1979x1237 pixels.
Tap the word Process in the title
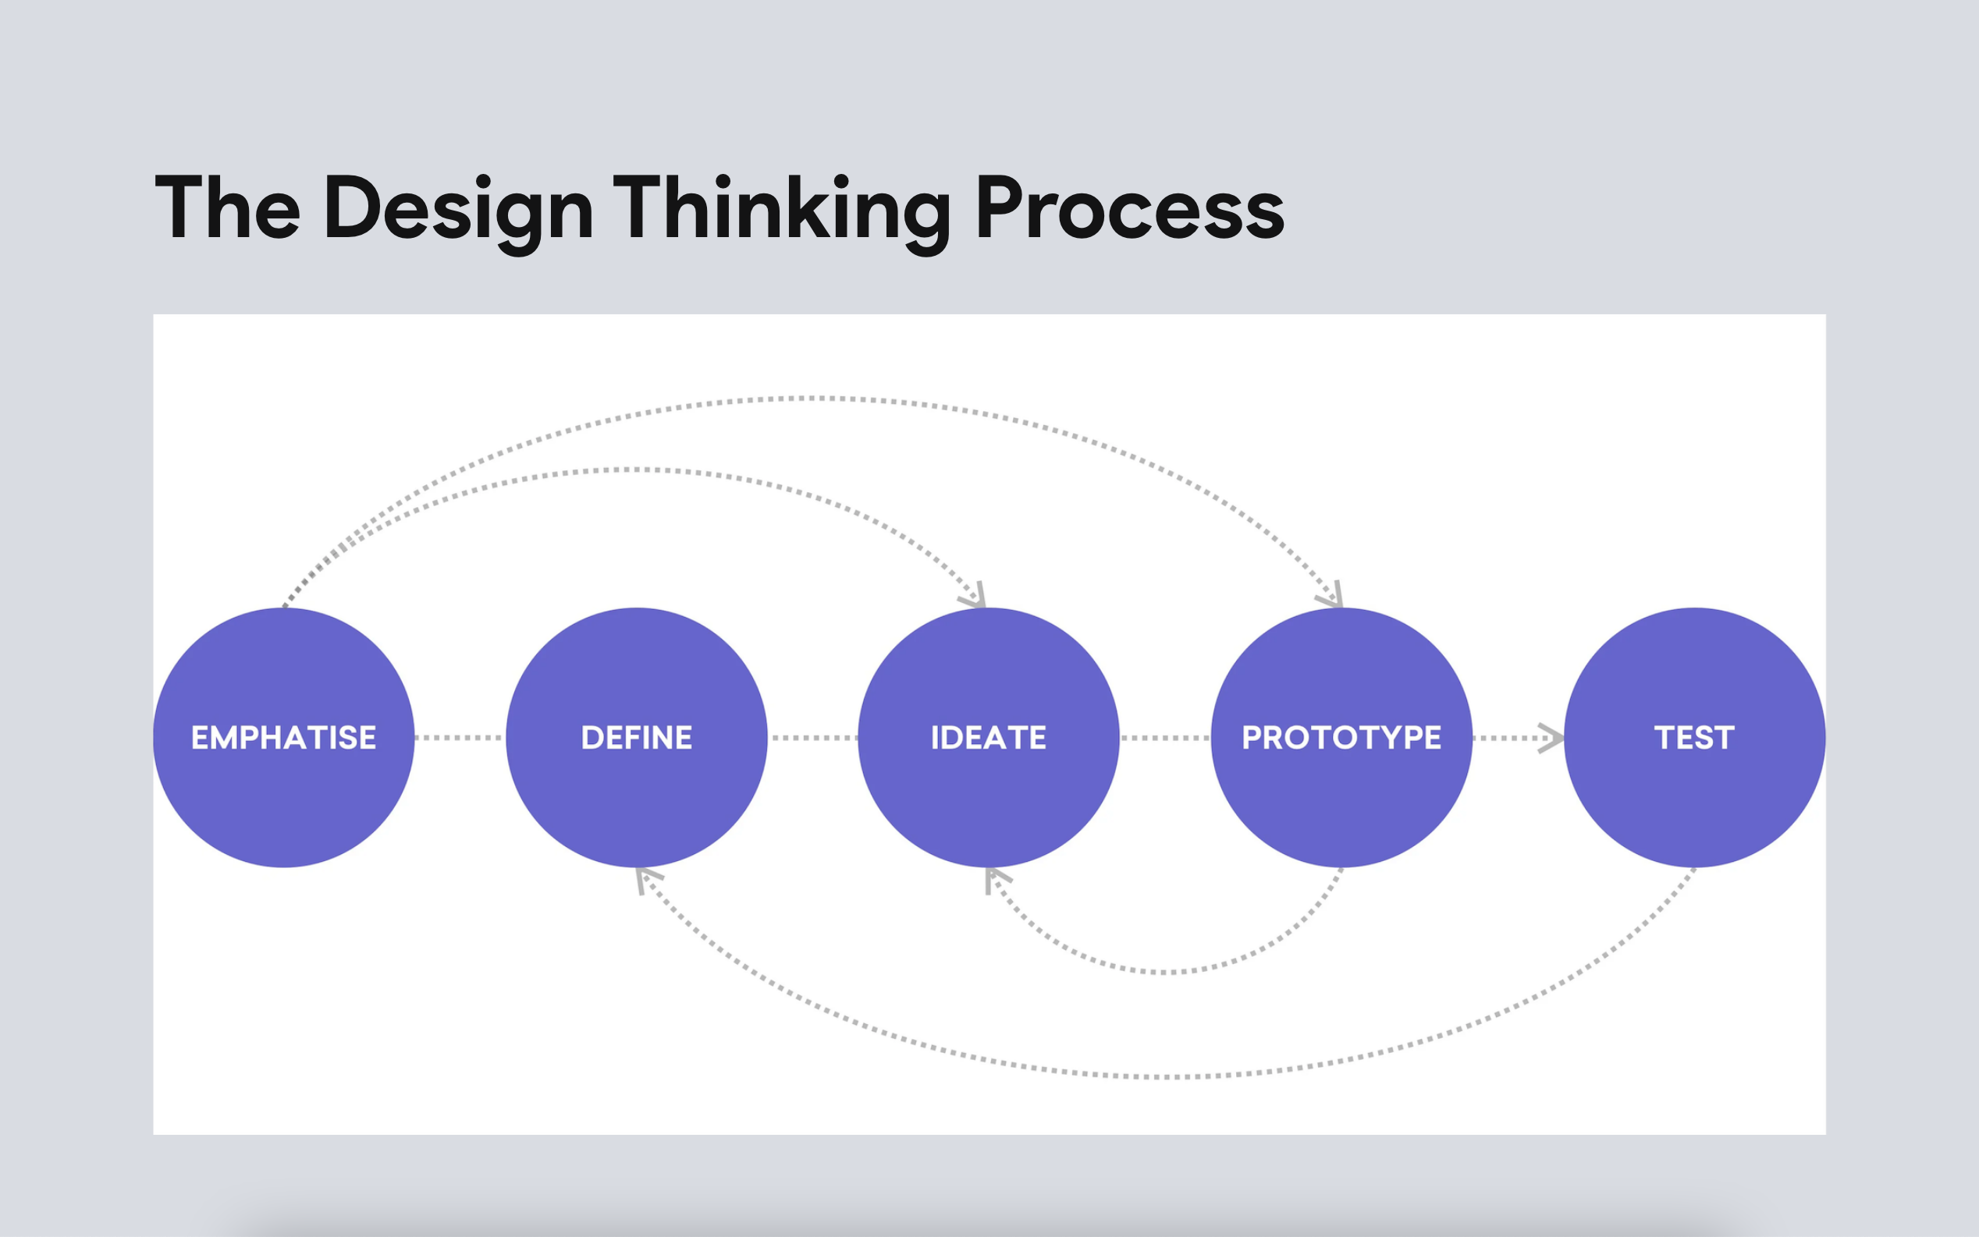(1129, 207)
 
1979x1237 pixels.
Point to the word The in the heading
(228, 207)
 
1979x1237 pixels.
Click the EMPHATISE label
(284, 738)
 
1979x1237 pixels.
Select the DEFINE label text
(637, 738)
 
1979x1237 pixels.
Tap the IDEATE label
(989, 738)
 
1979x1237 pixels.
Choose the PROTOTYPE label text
(1341, 738)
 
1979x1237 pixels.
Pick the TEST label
(1694, 738)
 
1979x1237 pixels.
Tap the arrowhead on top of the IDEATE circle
(974, 597)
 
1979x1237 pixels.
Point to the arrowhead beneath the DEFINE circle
(649, 881)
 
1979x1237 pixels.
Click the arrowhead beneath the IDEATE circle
(997, 881)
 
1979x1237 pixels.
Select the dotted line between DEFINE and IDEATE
(812, 738)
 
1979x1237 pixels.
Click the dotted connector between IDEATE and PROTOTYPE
(1165, 738)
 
